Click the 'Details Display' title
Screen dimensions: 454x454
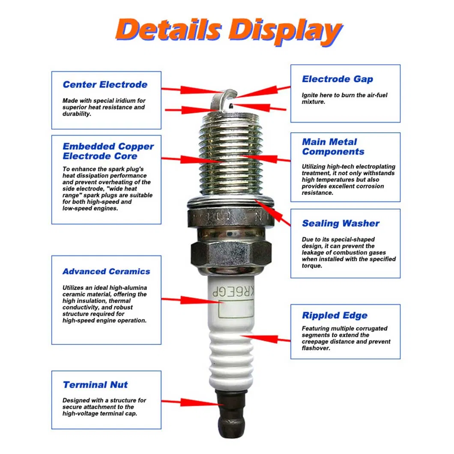click(228, 31)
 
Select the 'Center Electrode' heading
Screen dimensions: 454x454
click(105, 85)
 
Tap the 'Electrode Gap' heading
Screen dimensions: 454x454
click(337, 79)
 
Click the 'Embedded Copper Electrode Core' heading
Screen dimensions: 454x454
click(108, 151)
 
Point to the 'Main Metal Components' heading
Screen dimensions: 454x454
click(333, 146)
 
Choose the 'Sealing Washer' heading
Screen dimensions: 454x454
click(340, 224)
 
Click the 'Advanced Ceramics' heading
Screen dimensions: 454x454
click(106, 272)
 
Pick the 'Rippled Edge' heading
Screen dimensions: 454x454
click(335, 316)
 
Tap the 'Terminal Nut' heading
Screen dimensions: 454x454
click(95, 385)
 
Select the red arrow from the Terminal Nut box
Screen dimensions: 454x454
click(191, 403)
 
